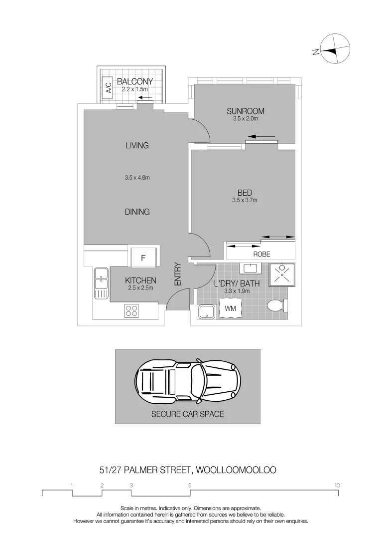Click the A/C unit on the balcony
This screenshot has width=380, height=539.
(109, 88)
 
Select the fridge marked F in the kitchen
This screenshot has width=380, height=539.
(143, 258)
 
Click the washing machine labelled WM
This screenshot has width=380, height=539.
(230, 308)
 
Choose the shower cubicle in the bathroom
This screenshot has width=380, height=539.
(282, 275)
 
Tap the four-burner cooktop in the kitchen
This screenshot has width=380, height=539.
(131, 311)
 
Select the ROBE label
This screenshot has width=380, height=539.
(261, 255)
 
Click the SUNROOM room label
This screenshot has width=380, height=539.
(245, 111)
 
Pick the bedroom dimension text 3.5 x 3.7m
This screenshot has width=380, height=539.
(245, 200)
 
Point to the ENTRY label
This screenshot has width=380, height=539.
(178, 274)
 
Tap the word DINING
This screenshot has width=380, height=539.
(137, 212)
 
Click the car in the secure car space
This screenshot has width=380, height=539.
(188, 381)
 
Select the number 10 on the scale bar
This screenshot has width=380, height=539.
(337, 486)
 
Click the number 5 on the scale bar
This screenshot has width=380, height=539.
(190, 486)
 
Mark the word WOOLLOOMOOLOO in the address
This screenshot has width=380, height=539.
(236, 470)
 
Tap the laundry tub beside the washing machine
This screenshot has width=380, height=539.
(207, 311)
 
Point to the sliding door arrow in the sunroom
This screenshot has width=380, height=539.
(261, 137)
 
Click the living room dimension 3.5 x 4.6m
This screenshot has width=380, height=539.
(137, 178)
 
